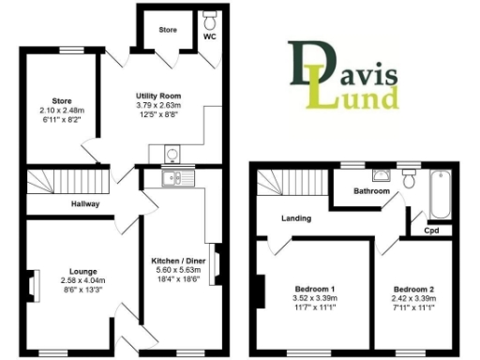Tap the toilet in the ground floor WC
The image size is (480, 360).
click(208, 20)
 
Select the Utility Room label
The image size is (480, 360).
click(157, 97)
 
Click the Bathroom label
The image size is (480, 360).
click(371, 191)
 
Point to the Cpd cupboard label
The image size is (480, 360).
click(432, 230)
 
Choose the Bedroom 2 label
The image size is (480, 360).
click(413, 289)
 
